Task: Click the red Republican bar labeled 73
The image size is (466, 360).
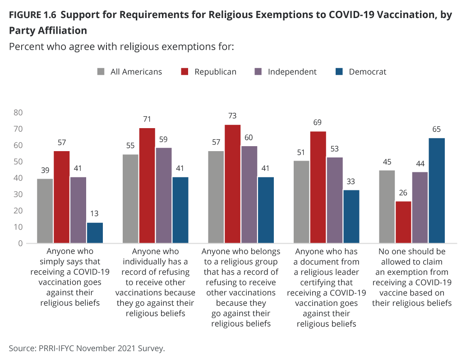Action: tap(232, 184)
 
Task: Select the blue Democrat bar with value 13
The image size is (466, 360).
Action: tap(95, 233)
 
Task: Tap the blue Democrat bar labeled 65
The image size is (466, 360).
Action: tap(437, 190)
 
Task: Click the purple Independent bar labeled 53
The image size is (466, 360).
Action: tap(335, 200)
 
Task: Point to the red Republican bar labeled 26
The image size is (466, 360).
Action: tap(403, 222)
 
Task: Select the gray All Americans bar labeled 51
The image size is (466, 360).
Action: tap(301, 202)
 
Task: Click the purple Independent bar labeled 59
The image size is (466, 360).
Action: tap(163, 195)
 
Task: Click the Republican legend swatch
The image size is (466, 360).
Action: tap(185, 72)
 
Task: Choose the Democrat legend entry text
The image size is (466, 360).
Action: tap(368, 72)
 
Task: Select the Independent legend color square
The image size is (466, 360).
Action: tap(258, 72)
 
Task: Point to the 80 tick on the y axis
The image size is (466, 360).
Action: tap(18, 112)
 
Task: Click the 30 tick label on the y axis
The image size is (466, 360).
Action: tap(18, 194)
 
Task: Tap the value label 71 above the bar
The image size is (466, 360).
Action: tap(147, 119)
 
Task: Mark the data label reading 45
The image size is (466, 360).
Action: tap(387, 162)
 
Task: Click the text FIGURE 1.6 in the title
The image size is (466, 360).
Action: tap(32, 15)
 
